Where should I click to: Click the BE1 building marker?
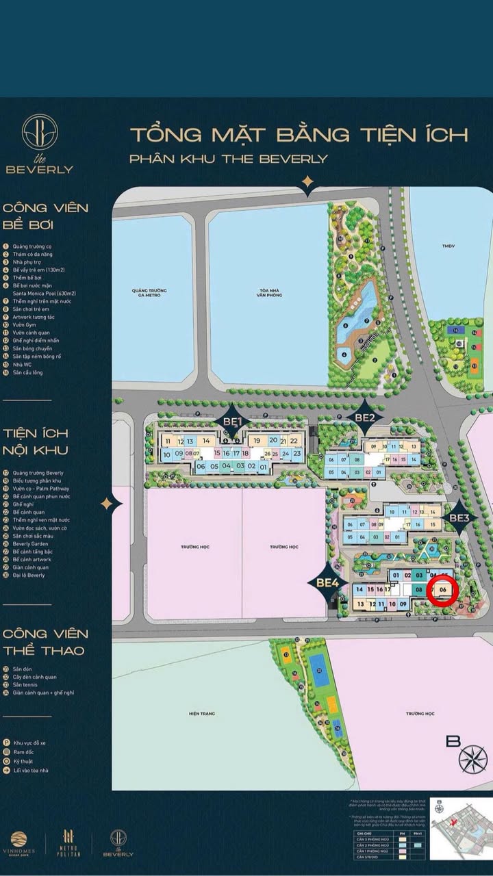pos(231,419)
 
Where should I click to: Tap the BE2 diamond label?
pos(364,417)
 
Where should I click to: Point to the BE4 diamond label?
pos(328,582)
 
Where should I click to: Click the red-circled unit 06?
pos(442,591)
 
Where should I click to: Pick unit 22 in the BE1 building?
pos(294,441)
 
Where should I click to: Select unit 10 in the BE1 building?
pos(166,454)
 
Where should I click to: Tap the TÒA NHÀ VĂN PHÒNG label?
pos(267,290)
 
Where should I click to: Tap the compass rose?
pos(472,758)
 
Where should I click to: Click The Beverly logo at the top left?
pos(39,144)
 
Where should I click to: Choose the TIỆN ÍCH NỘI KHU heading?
pos(36,441)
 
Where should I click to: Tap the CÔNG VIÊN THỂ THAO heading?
pos(45,641)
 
